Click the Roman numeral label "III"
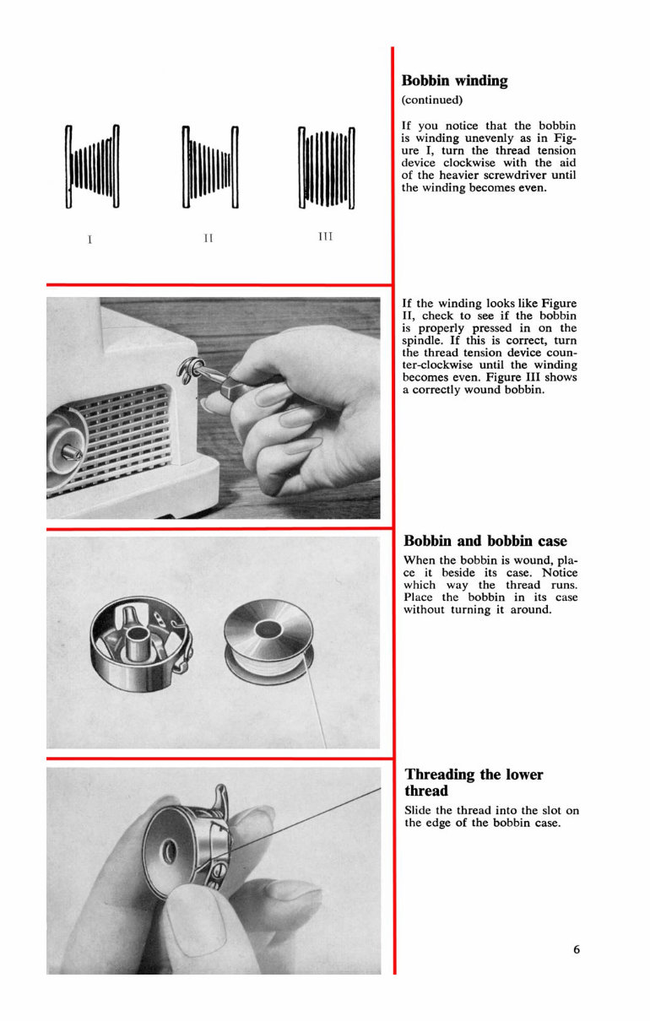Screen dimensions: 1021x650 point(325,236)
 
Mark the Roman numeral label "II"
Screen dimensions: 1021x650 point(209,238)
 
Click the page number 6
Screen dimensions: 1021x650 point(577,949)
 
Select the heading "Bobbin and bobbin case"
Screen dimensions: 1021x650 point(485,541)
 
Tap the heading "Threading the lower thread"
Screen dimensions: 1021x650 point(474,782)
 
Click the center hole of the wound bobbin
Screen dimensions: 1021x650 point(268,628)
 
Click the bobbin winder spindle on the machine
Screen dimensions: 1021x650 point(73,447)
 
